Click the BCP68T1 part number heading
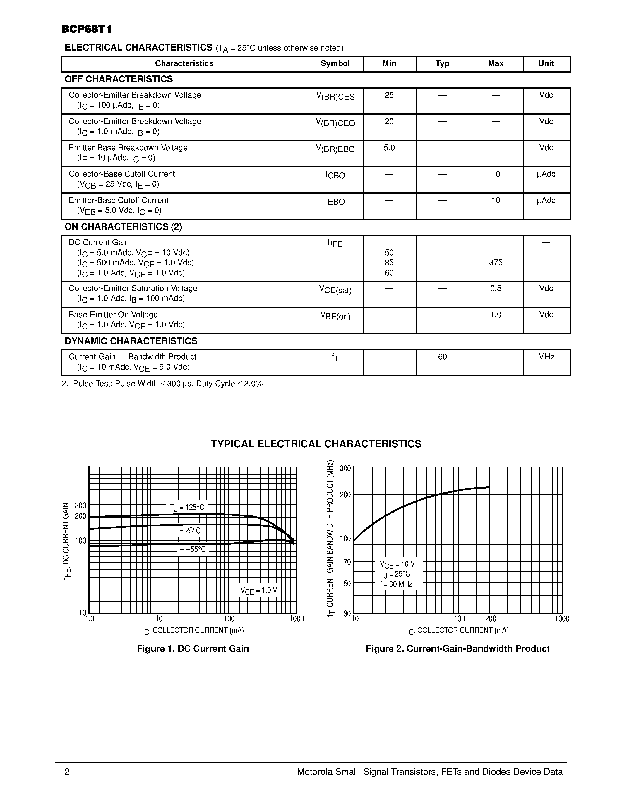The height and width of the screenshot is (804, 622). click(87, 30)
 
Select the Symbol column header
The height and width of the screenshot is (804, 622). click(335, 64)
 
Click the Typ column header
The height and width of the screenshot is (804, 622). click(442, 64)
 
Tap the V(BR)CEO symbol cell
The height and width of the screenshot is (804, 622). click(335, 123)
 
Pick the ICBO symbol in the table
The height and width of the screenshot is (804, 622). click(335, 175)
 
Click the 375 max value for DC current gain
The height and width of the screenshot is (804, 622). click(496, 263)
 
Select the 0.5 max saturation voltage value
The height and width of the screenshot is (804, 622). click(496, 288)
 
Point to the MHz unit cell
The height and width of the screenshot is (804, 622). click(546, 357)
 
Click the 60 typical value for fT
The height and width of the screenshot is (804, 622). click(442, 357)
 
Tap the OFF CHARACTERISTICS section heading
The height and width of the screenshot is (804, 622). click(119, 79)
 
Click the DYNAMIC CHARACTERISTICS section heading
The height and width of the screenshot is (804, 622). click(131, 341)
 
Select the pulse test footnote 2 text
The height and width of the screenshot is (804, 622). click(162, 384)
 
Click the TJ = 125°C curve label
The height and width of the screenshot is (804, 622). click(187, 508)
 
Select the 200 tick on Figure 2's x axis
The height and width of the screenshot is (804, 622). click(491, 619)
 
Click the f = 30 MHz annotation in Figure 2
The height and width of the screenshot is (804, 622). click(396, 584)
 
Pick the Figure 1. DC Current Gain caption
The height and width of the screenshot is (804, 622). click(193, 649)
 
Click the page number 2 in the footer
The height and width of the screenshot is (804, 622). click(67, 772)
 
